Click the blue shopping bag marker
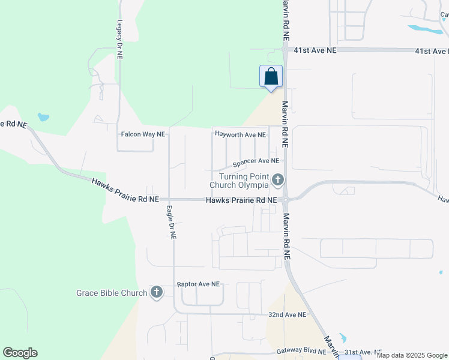coord(271,77)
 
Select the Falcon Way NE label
coord(143,134)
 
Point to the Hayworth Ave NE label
coord(240,135)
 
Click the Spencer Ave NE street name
coord(256,161)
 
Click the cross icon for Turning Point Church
coord(277,179)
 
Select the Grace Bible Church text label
coord(112,293)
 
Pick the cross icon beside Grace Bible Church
coord(156,292)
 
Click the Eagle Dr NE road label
coord(170,223)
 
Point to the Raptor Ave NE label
coord(198,284)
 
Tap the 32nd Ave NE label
coord(287,314)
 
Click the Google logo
coord(20,353)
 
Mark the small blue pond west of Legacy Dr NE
coord(43,117)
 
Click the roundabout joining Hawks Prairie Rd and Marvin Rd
coord(285,200)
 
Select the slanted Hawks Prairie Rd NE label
coord(125,190)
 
